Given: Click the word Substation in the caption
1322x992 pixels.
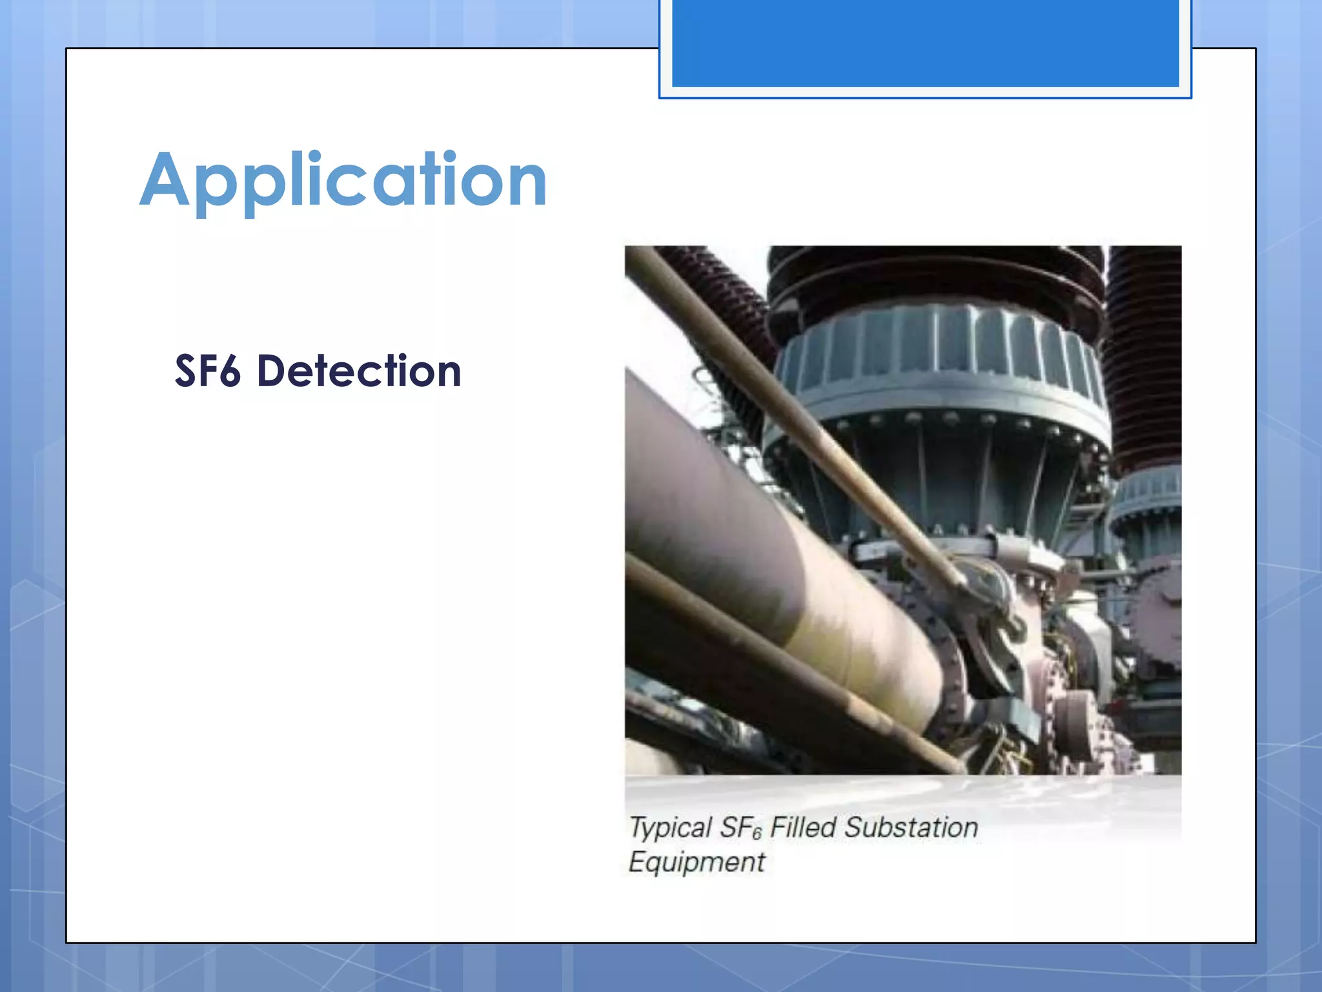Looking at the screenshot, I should (911, 827).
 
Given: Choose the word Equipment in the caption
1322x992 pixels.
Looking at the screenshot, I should (697, 862).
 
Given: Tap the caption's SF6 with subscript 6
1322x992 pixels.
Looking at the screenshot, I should (741, 829).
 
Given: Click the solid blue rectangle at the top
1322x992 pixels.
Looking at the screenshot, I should (925, 43).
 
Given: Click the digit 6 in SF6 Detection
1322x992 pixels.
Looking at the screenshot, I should (229, 373).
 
